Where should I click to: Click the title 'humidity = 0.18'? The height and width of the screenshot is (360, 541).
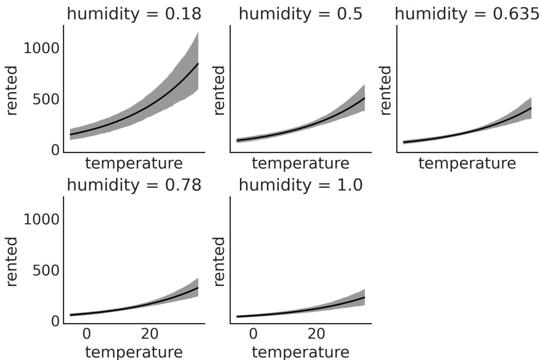click(x=134, y=14)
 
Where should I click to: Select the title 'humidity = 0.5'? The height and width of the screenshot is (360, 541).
click(x=301, y=14)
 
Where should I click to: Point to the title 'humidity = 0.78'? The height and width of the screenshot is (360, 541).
click(x=134, y=185)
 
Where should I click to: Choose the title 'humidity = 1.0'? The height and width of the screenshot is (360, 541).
click(x=301, y=185)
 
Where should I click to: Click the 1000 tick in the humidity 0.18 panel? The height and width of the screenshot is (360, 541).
click(x=41, y=48)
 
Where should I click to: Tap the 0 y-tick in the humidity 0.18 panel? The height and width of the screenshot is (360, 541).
click(x=55, y=151)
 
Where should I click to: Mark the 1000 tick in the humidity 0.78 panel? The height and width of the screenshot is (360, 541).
click(x=41, y=220)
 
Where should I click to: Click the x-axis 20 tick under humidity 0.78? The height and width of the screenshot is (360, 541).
click(x=150, y=333)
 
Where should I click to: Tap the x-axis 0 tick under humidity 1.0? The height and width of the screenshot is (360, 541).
click(x=253, y=333)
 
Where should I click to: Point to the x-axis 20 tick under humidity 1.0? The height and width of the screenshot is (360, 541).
click(x=316, y=333)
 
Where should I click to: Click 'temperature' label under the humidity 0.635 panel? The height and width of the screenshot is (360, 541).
click(x=467, y=163)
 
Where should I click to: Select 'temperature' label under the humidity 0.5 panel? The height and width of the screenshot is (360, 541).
click(x=301, y=163)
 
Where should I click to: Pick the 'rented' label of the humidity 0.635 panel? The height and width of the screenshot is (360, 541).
click(x=386, y=90)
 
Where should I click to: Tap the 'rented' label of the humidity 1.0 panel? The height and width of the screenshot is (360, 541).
click(x=219, y=261)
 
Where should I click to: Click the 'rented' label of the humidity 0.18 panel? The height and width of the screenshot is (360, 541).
click(x=12, y=90)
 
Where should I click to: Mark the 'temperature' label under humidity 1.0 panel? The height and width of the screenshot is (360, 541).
click(x=301, y=352)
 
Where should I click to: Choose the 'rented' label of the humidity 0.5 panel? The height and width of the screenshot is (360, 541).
click(x=219, y=90)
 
